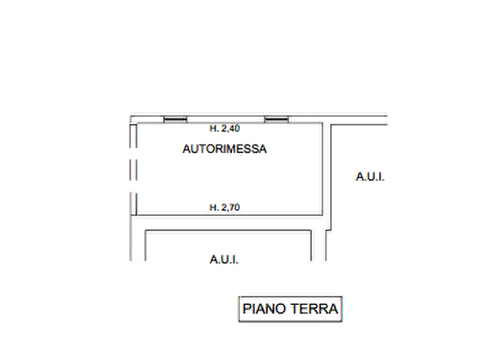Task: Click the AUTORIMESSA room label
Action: (x=225, y=149)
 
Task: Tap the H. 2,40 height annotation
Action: (x=225, y=128)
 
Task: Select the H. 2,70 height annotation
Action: (x=225, y=207)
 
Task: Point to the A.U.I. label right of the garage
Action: (x=370, y=177)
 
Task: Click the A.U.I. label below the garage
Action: (x=224, y=260)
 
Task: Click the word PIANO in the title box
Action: (x=264, y=308)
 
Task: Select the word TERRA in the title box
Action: (x=314, y=308)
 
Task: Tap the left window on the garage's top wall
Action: (x=175, y=119)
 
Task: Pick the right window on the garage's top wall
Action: (x=276, y=119)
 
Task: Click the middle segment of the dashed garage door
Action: (x=133, y=170)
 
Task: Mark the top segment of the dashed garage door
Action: (x=133, y=136)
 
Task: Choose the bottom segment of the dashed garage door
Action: (x=133, y=203)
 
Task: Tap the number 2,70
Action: (x=231, y=207)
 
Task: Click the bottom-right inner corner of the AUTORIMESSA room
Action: (x=323, y=215)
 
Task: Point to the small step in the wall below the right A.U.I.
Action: (x=328, y=230)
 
